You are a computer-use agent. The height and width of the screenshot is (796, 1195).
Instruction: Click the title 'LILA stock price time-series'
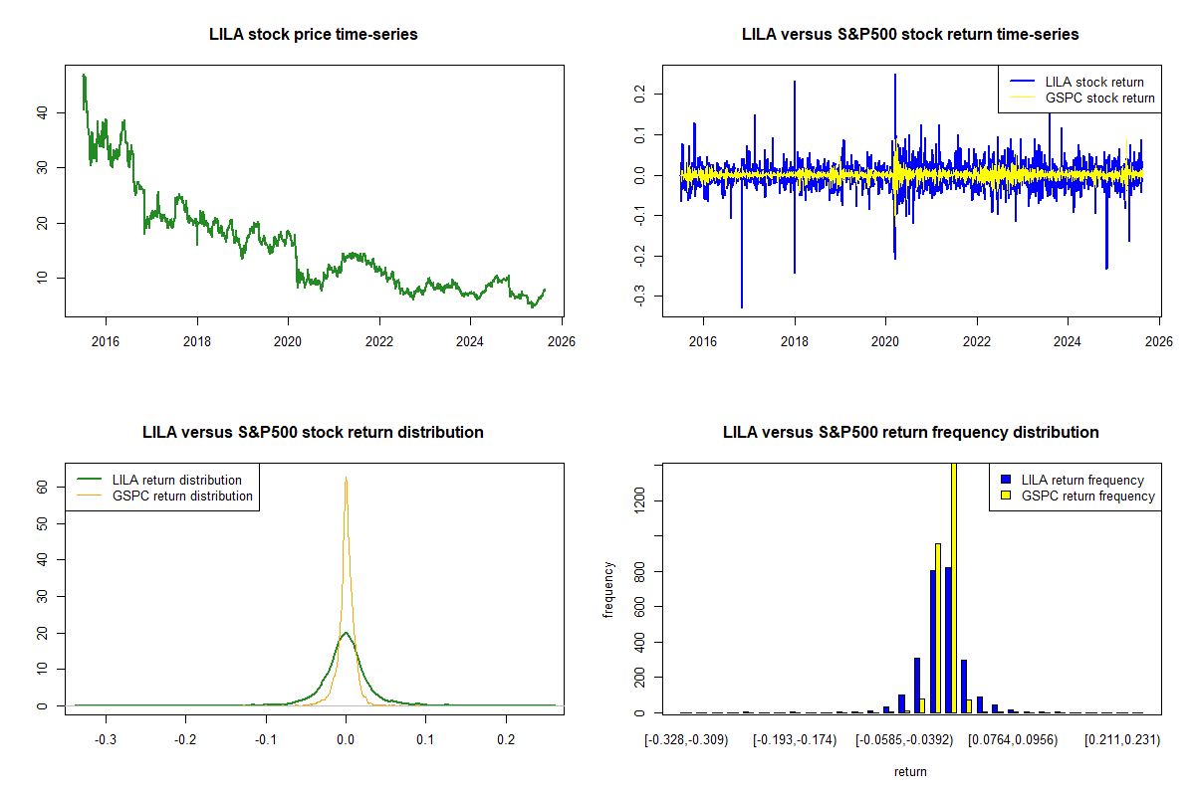(313, 35)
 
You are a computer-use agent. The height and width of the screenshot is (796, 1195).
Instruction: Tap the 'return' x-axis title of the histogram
(910, 771)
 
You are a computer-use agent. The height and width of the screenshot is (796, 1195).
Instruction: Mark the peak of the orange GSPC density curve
(346, 479)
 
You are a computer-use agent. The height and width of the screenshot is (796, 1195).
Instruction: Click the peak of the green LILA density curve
(346, 633)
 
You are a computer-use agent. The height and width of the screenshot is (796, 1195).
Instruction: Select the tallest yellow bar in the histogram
(953, 587)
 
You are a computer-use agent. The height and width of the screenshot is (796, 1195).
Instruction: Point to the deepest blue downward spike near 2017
(742, 306)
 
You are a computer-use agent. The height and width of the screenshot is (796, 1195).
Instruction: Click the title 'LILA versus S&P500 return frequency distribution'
(910, 433)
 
